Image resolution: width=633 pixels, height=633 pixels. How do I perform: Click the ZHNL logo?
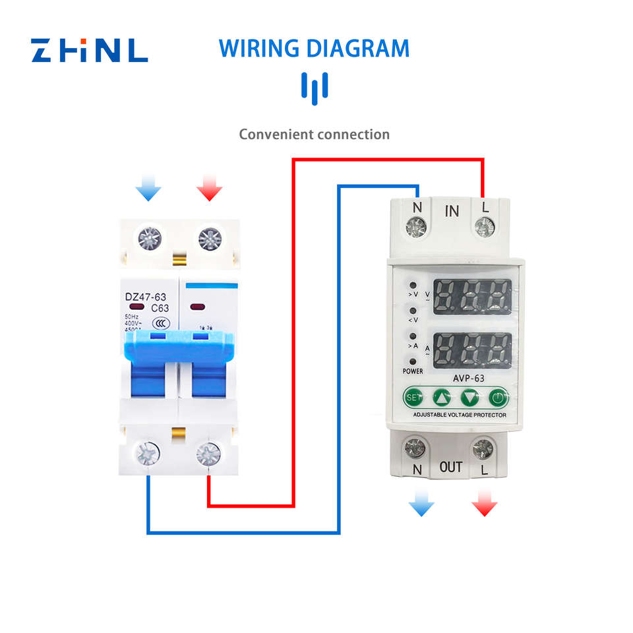tap(90, 49)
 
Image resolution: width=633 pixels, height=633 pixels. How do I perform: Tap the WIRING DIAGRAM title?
tap(314, 49)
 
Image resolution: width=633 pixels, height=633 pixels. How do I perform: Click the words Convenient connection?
tap(314, 135)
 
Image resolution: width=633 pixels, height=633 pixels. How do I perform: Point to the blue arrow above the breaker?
tap(148, 191)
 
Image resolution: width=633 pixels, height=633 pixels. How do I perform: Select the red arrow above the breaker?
tap(210, 191)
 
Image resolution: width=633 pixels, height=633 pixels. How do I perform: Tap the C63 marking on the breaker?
tap(161, 308)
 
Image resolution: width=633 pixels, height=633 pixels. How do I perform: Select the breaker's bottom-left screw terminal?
tap(148, 454)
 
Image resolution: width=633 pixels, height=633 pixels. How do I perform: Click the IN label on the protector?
tap(452, 211)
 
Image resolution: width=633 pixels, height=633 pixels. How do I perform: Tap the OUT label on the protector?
tap(451, 467)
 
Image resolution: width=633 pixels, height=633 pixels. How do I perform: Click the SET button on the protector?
tap(413, 398)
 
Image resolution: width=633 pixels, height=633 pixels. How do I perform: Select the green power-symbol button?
tap(498, 398)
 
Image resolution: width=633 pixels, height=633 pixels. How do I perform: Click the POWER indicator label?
tap(413, 371)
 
